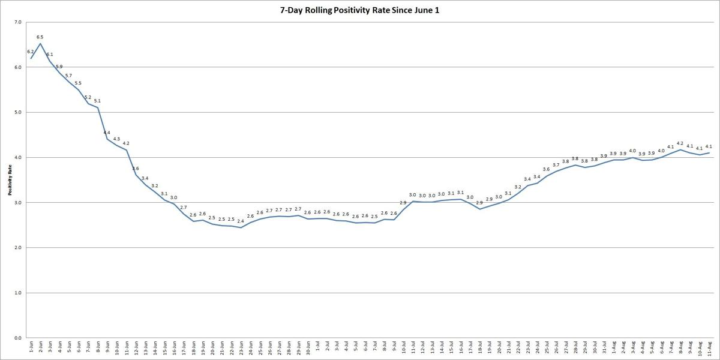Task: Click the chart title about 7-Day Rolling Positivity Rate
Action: [359, 10]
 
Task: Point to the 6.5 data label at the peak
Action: [40, 37]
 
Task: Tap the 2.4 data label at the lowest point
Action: [241, 221]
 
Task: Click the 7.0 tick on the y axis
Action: [17, 22]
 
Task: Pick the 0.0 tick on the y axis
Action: [17, 338]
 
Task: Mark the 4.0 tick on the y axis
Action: [17, 157]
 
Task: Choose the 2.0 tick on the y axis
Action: [17, 248]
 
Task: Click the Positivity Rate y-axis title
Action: [10, 180]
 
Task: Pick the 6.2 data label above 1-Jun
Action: [31, 52]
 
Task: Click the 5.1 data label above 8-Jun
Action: [97, 101]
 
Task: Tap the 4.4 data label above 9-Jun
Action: [107, 133]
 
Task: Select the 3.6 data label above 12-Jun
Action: [136, 169]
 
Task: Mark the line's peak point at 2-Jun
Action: [40, 44]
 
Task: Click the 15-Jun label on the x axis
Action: [164, 347]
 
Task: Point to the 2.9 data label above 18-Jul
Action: [479, 202]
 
